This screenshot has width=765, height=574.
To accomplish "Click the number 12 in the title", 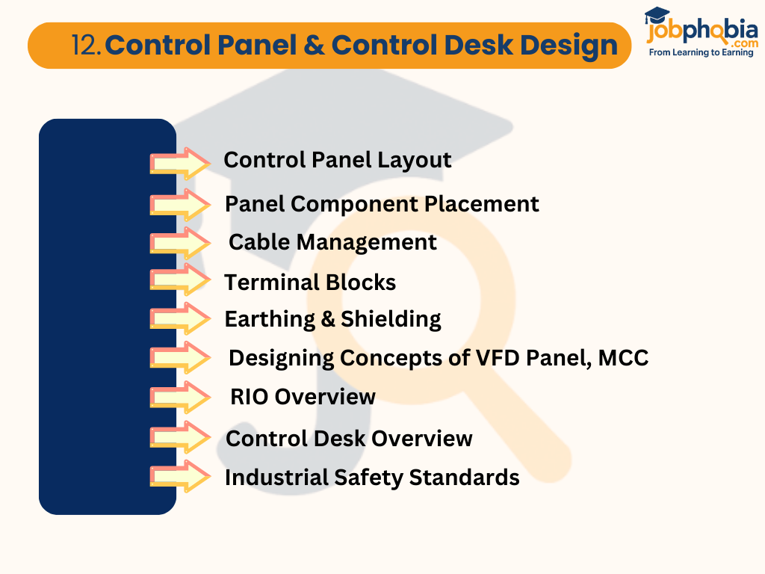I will click(86, 46).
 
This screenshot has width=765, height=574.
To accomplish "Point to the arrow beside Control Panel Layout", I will click(180, 163).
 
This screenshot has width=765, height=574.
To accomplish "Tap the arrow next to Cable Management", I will click(180, 243).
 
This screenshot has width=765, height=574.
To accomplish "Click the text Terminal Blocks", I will click(310, 283).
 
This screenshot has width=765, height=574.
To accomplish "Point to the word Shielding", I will click(391, 319).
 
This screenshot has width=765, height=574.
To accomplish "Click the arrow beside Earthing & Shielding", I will click(180, 318).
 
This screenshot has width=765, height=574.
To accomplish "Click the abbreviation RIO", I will click(250, 396).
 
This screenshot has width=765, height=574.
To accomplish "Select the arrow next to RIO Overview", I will click(180, 397).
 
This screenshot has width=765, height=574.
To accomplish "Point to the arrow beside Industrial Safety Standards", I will click(180, 476).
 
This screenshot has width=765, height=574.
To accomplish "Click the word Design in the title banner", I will click(569, 46).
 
